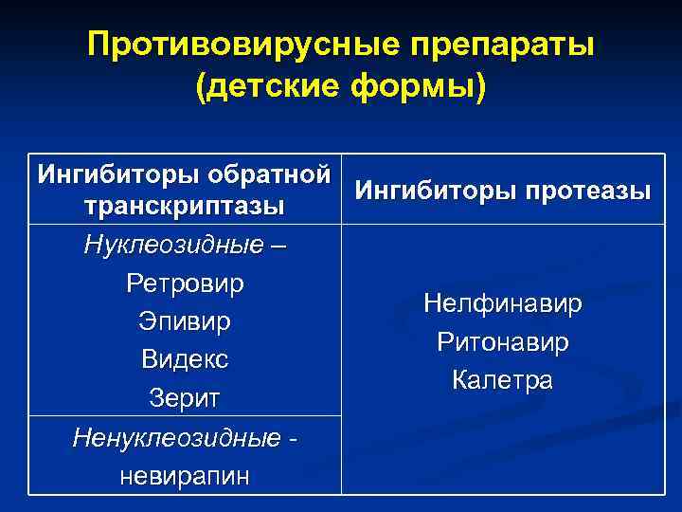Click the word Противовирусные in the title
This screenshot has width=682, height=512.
click(x=236, y=45)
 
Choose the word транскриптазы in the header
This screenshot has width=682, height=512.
click(x=185, y=206)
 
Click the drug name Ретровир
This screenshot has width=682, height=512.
click(x=185, y=283)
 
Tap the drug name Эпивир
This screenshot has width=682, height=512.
click(x=185, y=321)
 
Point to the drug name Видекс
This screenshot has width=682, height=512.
click(x=185, y=360)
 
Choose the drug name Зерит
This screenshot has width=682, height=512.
click(x=185, y=399)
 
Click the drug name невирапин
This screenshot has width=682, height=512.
click(x=185, y=476)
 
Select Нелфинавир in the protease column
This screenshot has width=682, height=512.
click(x=503, y=304)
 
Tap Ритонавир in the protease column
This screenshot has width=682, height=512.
click(x=503, y=342)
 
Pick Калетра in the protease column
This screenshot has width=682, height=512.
click(x=503, y=380)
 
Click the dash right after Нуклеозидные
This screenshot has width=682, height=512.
click(x=275, y=246)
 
